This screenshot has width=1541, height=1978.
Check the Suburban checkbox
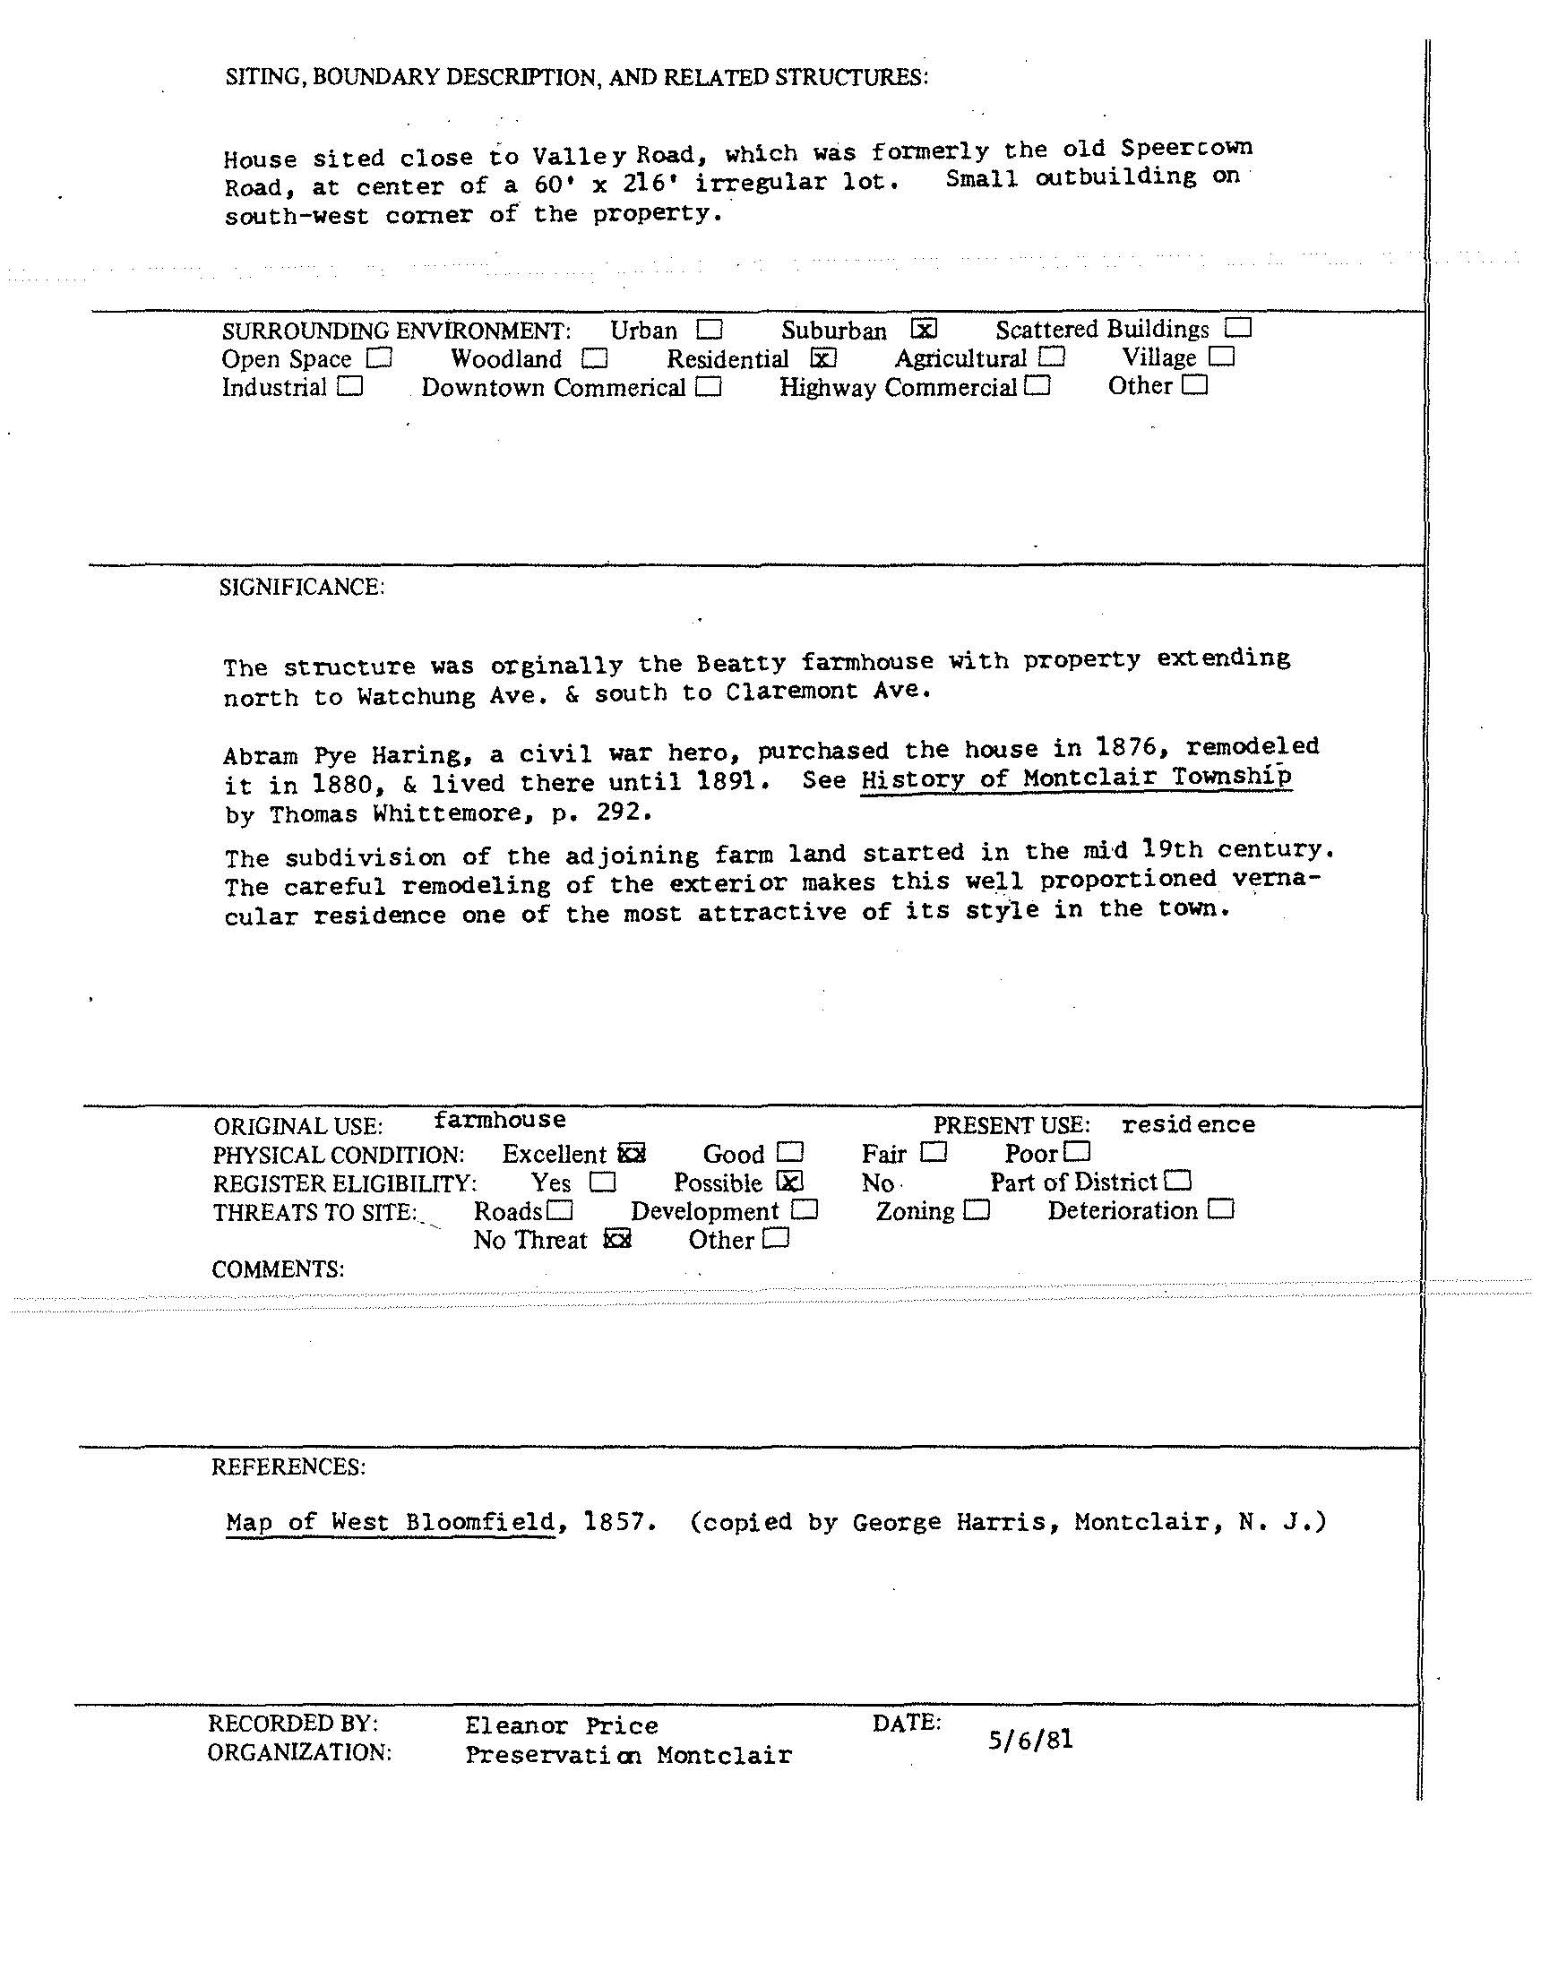click(x=924, y=328)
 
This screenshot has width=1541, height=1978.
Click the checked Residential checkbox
click(x=823, y=357)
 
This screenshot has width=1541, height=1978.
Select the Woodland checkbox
click(x=594, y=358)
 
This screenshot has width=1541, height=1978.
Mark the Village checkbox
click(x=1221, y=357)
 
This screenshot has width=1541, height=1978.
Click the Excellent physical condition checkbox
click(x=632, y=1154)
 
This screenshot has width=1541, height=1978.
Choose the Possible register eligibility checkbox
click(x=790, y=1182)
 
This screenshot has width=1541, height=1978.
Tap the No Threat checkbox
click(x=617, y=1239)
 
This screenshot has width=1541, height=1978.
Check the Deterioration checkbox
click(x=1221, y=1209)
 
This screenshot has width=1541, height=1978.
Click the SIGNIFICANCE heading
click(x=302, y=587)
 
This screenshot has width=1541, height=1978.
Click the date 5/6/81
click(x=1031, y=1739)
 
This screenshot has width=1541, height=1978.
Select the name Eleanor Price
click(x=561, y=1725)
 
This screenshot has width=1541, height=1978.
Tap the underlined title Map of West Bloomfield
click(x=390, y=1521)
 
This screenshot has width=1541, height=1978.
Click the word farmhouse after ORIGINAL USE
click(x=499, y=1121)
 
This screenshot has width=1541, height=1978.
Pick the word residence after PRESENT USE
click(x=1188, y=1124)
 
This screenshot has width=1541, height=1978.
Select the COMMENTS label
click(x=277, y=1268)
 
